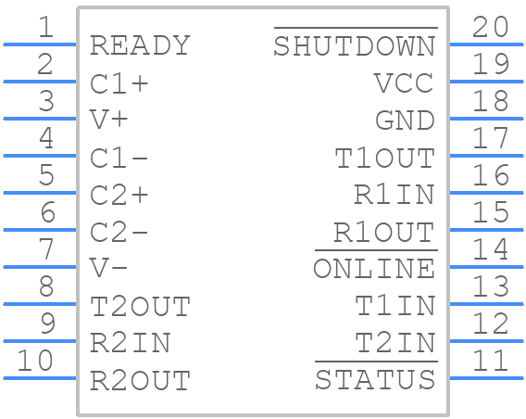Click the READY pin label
click(140, 45)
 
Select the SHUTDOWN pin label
click(355, 46)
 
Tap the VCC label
click(404, 83)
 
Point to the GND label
click(405, 121)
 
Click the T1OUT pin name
click(384, 158)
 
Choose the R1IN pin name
click(394, 195)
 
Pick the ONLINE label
click(374, 269)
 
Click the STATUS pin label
click(375, 380)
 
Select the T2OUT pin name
click(140, 306)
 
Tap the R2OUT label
click(140, 380)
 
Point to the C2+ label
click(119, 195)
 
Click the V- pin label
click(108, 269)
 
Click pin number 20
click(490, 27)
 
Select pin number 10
click(35, 361)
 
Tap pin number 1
click(46, 27)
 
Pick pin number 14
click(491, 249)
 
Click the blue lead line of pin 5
click(40, 193)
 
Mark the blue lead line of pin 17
click(486, 156)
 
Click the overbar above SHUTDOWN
click(356, 28)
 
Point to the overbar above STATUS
click(376, 362)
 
